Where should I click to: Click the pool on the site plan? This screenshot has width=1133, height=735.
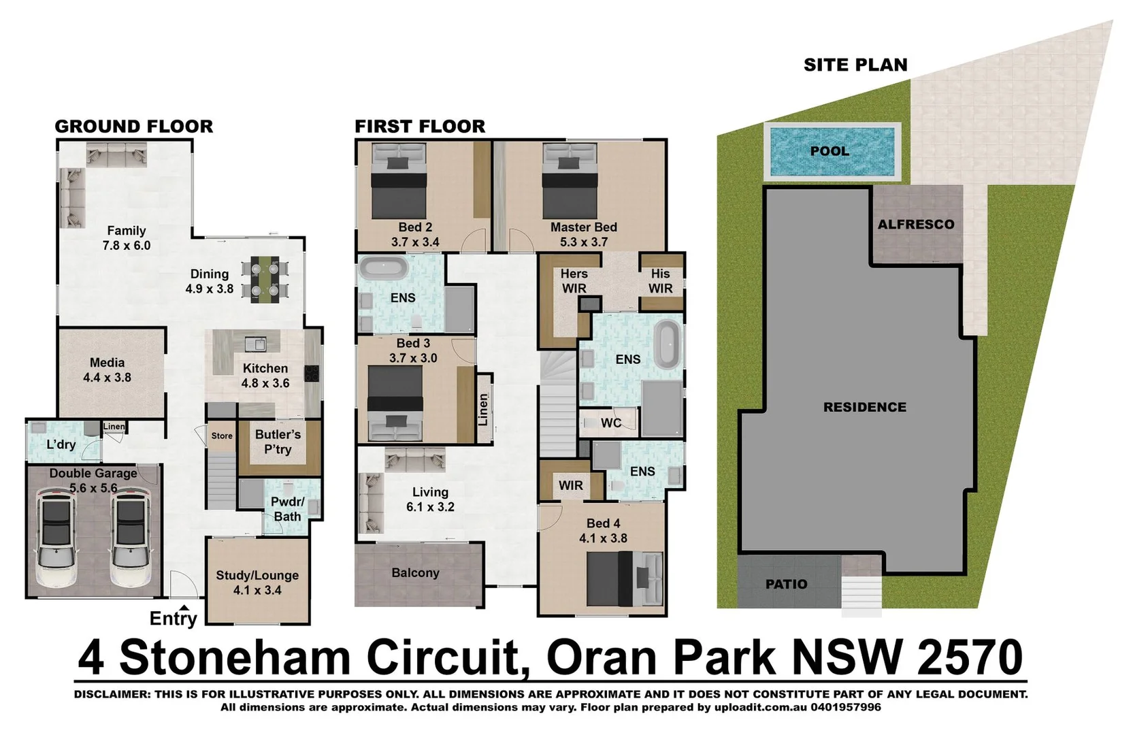(832, 151)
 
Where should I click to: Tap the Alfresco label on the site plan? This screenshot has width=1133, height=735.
(915, 225)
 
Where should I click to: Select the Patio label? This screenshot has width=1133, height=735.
(786, 584)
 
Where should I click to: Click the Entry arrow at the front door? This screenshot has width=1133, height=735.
(184, 608)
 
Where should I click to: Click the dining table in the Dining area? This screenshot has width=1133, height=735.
(265, 279)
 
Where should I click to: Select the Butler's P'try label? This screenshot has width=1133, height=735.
(278, 442)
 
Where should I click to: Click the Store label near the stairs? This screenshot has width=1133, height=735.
(222, 436)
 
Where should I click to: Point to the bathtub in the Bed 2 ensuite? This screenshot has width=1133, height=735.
(382, 267)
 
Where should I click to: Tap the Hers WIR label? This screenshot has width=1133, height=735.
(574, 280)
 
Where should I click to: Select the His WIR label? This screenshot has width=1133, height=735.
(660, 280)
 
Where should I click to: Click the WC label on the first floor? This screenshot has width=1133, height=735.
(610, 423)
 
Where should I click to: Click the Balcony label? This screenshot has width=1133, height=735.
(415, 573)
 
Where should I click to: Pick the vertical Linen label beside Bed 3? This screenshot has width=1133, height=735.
(483, 409)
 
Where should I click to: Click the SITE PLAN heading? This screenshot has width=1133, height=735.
(855, 65)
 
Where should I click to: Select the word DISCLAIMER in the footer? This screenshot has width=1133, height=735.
(111, 695)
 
